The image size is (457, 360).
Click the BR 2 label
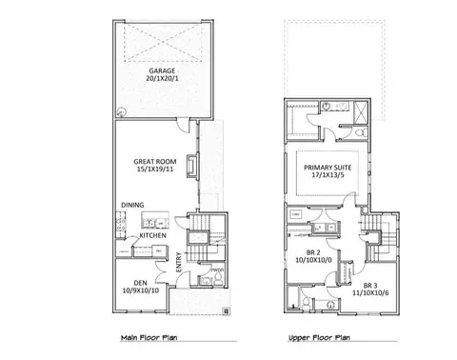point(311,250)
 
